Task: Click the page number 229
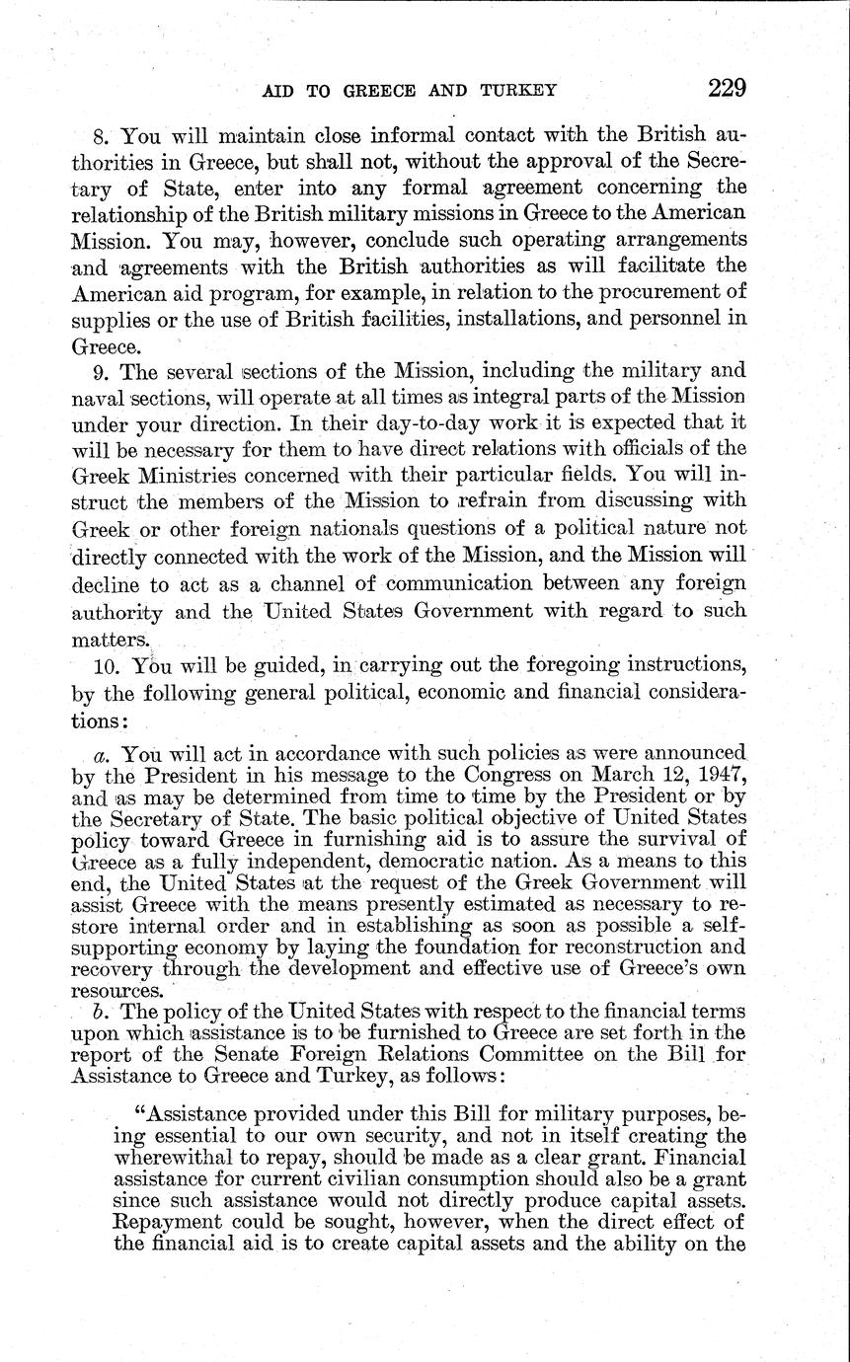coord(727,88)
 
